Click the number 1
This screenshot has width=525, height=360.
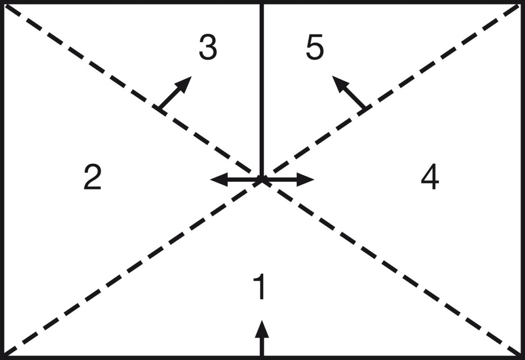(x=260, y=287)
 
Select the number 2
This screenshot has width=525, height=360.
(x=93, y=177)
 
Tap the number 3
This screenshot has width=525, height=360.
(x=208, y=47)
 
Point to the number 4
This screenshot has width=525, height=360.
(x=430, y=177)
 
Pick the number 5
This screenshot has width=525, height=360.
(x=315, y=47)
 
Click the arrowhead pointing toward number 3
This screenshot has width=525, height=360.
(x=185, y=84)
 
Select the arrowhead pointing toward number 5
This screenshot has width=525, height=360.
(x=340, y=84)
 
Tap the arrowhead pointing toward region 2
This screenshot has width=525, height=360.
(x=219, y=180)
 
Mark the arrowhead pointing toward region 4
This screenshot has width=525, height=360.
(x=306, y=180)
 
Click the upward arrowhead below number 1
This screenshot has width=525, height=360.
(x=262, y=329)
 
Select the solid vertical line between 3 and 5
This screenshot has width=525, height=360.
(x=262, y=92)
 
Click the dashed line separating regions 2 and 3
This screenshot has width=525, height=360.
(x=133, y=92)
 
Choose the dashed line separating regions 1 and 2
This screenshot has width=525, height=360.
(x=133, y=268)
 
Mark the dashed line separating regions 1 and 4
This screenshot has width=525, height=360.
(x=391, y=268)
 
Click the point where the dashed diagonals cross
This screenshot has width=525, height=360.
(x=262, y=180)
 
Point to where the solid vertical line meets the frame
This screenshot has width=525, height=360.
(x=262, y=3)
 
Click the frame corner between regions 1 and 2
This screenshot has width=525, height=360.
(x=3, y=357)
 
